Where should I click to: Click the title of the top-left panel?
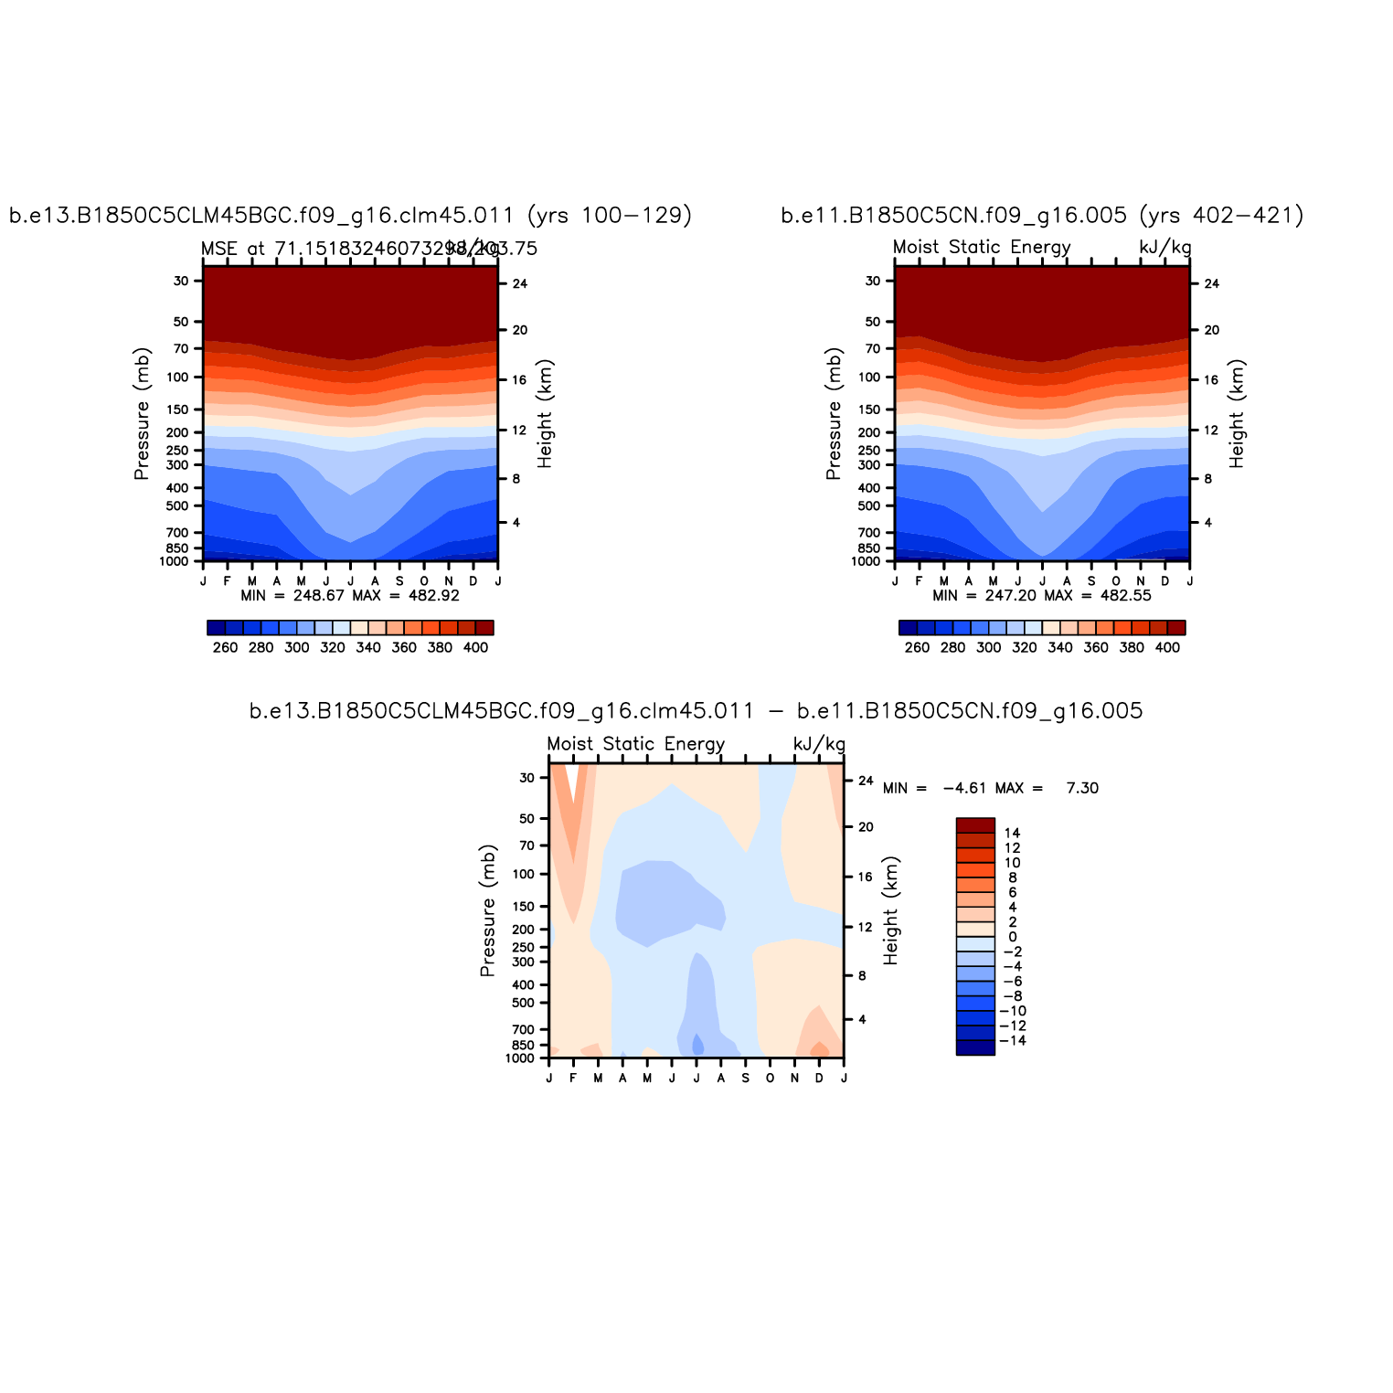[x=350, y=216]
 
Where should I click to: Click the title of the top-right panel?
[x=1042, y=216]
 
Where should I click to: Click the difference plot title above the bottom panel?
[x=696, y=711]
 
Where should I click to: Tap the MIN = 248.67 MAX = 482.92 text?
[x=350, y=596]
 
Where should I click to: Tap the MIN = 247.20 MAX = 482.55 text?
[x=1042, y=596]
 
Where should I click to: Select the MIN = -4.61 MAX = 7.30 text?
[x=991, y=788]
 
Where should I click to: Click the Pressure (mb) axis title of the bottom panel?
[x=488, y=910]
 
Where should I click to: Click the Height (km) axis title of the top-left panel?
[x=546, y=413]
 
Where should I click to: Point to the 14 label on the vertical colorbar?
[x=1012, y=833]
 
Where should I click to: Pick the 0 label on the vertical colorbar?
[x=1012, y=937]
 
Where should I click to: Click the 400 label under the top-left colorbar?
[x=475, y=647]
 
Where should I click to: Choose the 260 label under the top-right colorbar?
[x=917, y=647]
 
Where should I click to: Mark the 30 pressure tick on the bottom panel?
[x=527, y=778]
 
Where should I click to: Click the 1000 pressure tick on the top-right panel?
[x=865, y=561]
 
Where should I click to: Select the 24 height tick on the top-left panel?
[x=520, y=283]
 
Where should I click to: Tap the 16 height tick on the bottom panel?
[x=866, y=877]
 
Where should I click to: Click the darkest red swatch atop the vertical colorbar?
[x=975, y=825]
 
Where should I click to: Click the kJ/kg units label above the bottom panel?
[x=819, y=744]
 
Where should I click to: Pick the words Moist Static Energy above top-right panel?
[x=982, y=248]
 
